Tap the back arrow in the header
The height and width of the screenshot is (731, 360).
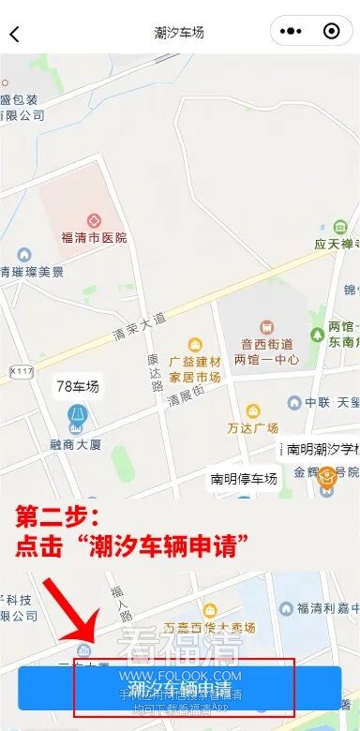click(15, 35)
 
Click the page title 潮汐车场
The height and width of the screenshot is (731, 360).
click(179, 33)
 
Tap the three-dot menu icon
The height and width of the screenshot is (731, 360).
click(292, 32)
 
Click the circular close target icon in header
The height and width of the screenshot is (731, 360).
click(331, 32)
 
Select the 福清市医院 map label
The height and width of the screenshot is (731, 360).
click(94, 238)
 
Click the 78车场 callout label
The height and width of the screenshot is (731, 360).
click(77, 385)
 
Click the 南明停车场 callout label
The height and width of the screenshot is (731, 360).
click(244, 479)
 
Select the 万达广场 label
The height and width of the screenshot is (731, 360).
click(252, 428)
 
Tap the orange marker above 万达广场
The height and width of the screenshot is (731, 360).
click(252, 411)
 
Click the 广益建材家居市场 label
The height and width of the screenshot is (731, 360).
click(195, 369)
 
